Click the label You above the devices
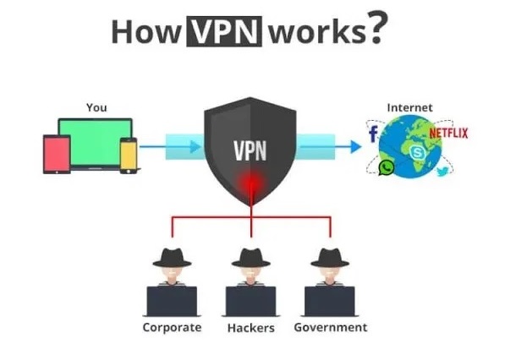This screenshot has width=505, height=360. [96, 107]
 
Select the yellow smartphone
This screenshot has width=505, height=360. [129, 155]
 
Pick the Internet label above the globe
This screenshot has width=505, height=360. [409, 107]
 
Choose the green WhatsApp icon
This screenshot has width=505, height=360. [387, 168]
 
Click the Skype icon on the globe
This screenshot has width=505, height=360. [416, 152]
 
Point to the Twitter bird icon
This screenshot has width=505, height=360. [442, 172]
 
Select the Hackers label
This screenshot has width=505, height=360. [250, 327]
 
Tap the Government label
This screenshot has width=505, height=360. [330, 327]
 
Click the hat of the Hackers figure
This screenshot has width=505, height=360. [250, 258]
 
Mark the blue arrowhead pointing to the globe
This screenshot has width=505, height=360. [354, 146]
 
